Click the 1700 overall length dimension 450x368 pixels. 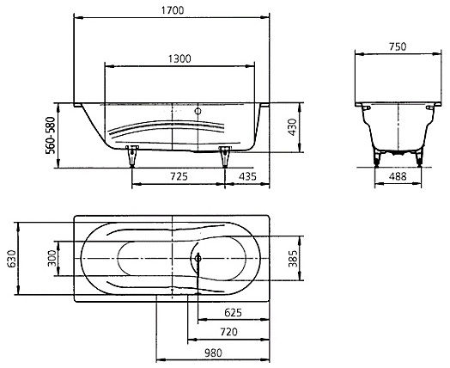click(x=173, y=10)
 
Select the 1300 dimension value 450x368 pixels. click(x=179, y=58)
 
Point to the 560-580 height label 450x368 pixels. click(x=51, y=135)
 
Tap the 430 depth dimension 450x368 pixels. click(x=292, y=127)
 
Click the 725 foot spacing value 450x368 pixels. click(x=179, y=176)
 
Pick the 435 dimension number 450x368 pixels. click(x=247, y=176)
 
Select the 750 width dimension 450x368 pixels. click(x=398, y=46)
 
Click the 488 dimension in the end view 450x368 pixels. click(x=398, y=176)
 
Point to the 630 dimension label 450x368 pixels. click(x=12, y=259)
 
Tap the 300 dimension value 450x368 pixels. click(x=52, y=258)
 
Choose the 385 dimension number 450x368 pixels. click(x=294, y=259)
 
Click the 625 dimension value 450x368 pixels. click(x=233, y=312)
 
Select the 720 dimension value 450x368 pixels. click(x=228, y=332)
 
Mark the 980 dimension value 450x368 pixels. click(x=213, y=353)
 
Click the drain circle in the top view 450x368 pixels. click(x=198, y=258)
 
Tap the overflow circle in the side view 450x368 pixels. click(x=198, y=111)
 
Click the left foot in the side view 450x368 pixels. click(x=132, y=156)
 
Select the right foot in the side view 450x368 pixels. click(x=225, y=156)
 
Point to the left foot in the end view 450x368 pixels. click(x=377, y=157)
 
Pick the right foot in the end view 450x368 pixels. click(x=419, y=157)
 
